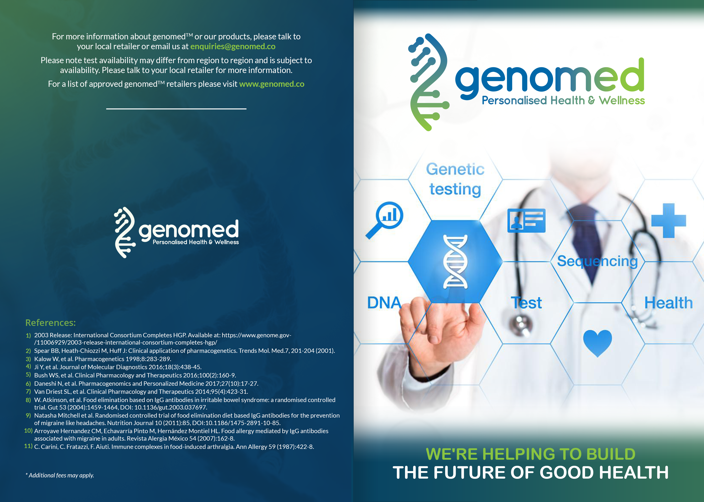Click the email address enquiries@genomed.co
(x=233, y=46)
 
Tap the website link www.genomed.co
(x=272, y=84)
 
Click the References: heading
(x=51, y=323)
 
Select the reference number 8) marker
(x=28, y=400)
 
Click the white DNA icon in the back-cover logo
(x=125, y=232)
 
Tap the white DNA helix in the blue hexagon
(x=455, y=262)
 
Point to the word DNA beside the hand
(x=384, y=303)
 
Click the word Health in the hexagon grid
(x=668, y=303)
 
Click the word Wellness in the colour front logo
(x=622, y=101)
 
